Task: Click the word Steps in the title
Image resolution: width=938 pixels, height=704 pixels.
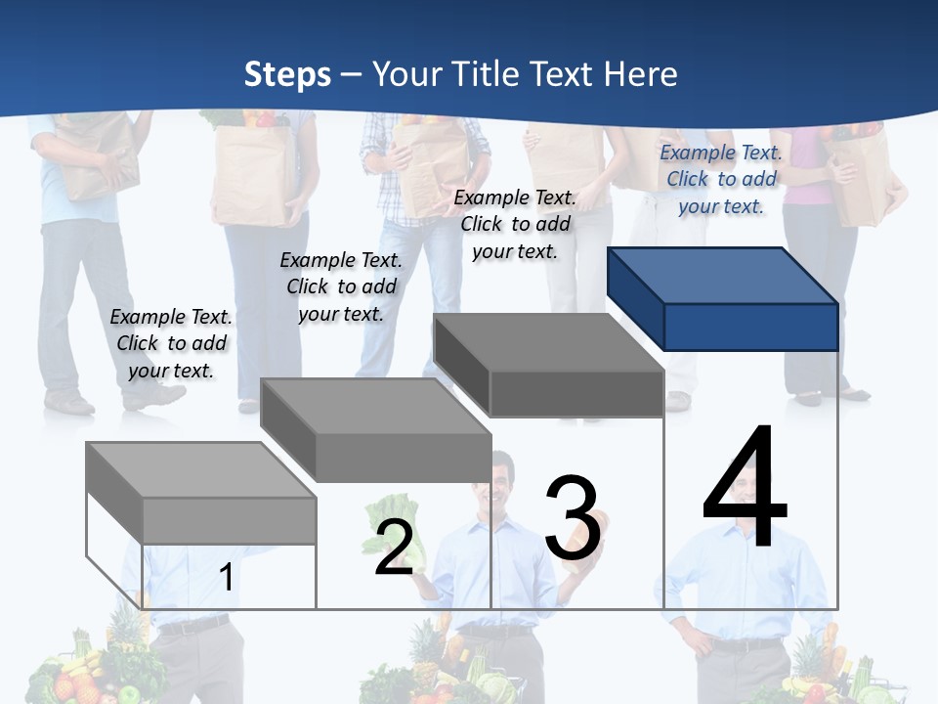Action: click(286, 74)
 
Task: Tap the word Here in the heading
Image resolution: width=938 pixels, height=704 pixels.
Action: click(642, 74)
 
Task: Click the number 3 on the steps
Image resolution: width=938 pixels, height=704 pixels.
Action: click(573, 518)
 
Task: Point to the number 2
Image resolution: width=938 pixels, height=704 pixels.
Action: click(394, 547)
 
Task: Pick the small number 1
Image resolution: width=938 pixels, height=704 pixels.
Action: click(226, 577)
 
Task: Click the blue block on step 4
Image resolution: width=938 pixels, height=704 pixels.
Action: click(723, 299)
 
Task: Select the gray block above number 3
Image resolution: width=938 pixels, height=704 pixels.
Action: click(549, 366)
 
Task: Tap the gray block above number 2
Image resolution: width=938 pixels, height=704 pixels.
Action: click(376, 430)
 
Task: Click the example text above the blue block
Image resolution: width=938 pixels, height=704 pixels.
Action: click(721, 179)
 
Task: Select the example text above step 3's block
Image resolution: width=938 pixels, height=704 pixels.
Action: click(515, 224)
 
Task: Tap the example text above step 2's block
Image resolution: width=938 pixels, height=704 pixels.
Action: click(341, 286)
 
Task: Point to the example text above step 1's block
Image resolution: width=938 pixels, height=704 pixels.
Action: click(171, 343)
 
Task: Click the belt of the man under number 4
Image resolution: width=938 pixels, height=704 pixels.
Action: click(747, 644)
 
